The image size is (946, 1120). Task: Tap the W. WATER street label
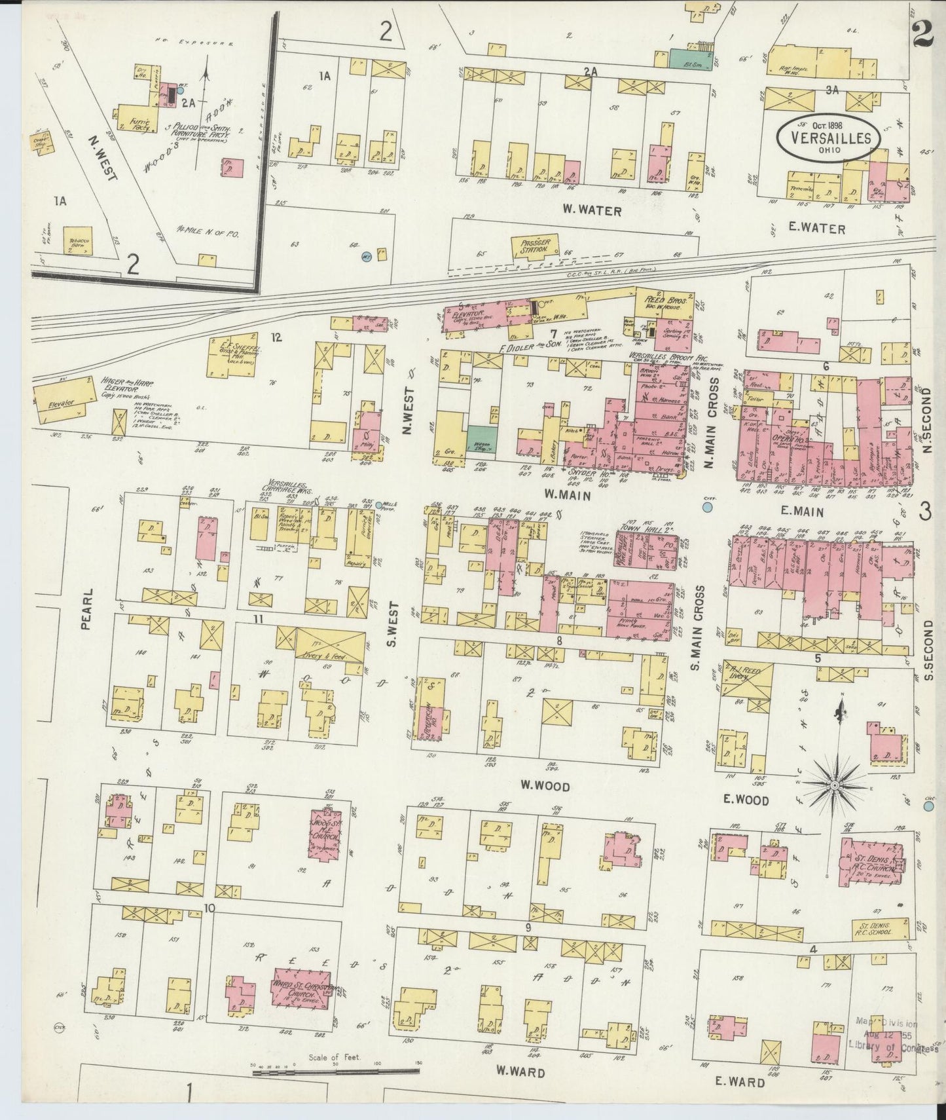pos(591,212)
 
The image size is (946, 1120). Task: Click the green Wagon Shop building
pos(481,440)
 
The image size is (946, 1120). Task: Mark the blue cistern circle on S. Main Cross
pos(707,506)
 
